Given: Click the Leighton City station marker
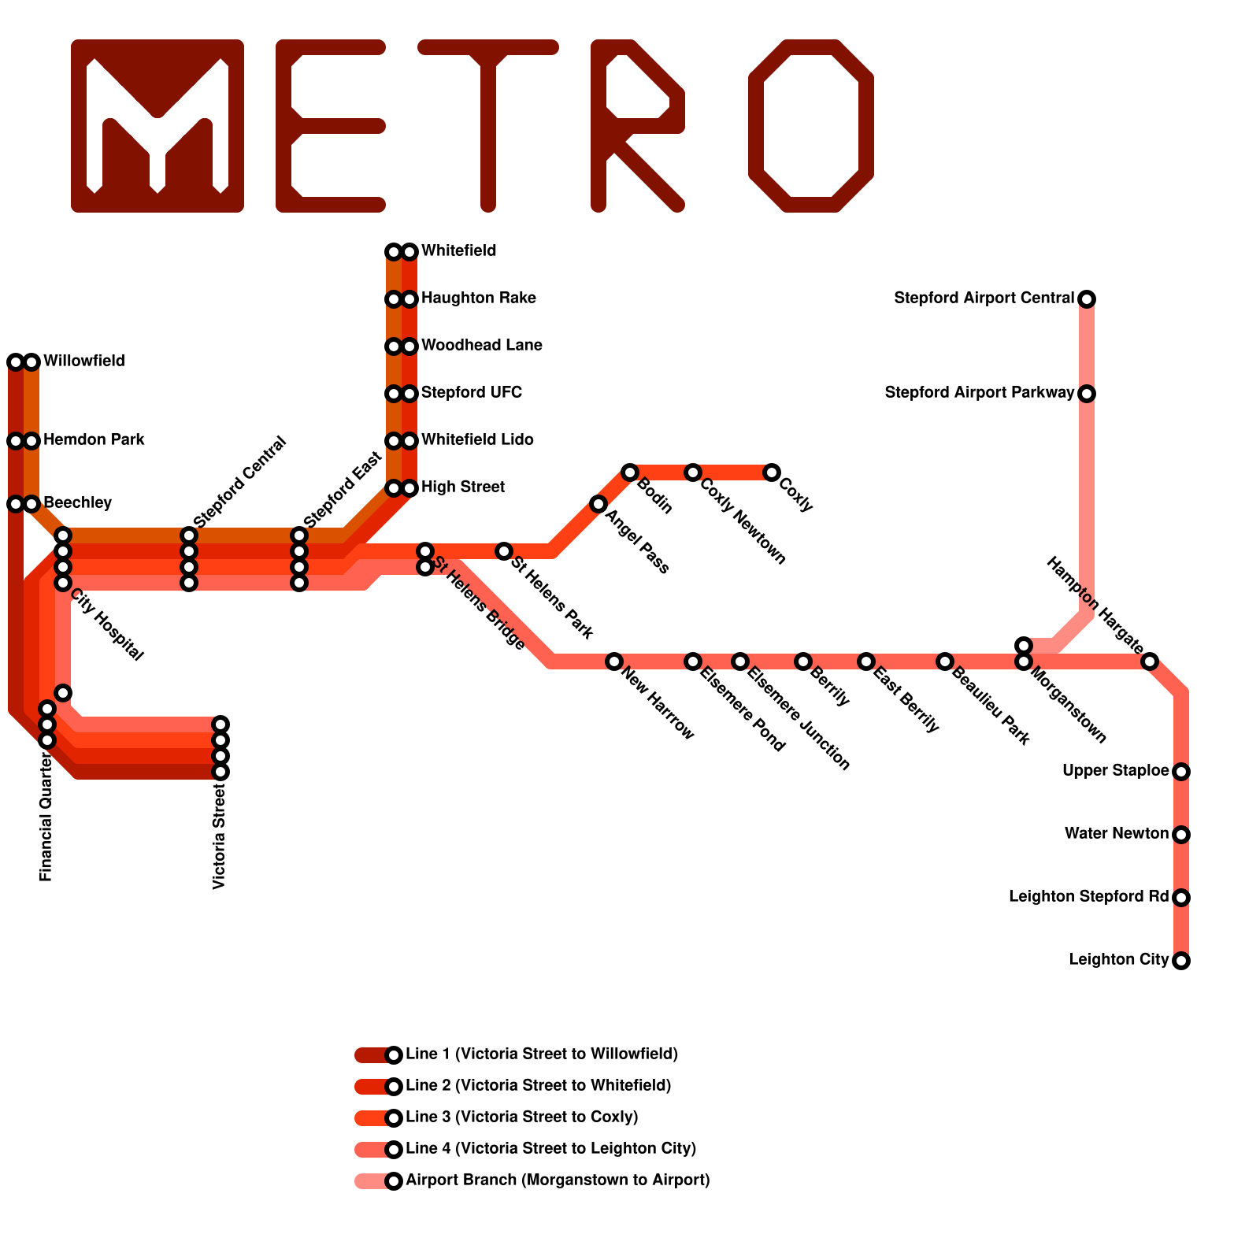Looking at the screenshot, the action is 1180,961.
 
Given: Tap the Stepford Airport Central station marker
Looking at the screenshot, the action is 1087,299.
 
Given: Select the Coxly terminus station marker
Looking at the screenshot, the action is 772,472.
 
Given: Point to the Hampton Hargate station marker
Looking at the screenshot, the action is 1150,661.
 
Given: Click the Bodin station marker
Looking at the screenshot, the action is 630,472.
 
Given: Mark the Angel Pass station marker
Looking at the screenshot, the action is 598,504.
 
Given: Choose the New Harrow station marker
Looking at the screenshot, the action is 614,661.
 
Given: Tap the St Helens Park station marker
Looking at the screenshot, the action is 504,551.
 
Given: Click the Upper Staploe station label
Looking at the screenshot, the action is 1115,771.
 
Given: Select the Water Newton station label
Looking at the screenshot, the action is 1116,834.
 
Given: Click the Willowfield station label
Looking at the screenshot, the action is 83,361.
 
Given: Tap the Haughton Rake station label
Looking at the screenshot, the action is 478,298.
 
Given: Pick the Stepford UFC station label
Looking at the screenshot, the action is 471,393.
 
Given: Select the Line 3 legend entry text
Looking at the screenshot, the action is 521,1117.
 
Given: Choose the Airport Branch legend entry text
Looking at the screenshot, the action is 557,1180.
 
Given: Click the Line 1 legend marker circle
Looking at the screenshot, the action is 394,1055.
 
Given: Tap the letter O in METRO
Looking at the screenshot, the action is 811,126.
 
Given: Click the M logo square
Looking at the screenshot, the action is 157,126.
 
